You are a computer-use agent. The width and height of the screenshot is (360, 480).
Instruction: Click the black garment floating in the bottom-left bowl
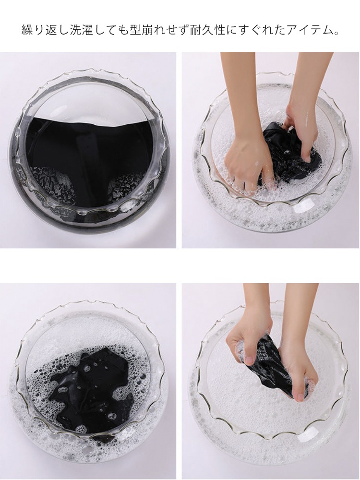click(x=92, y=389)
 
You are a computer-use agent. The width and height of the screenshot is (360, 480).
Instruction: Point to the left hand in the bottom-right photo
click(x=248, y=346)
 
